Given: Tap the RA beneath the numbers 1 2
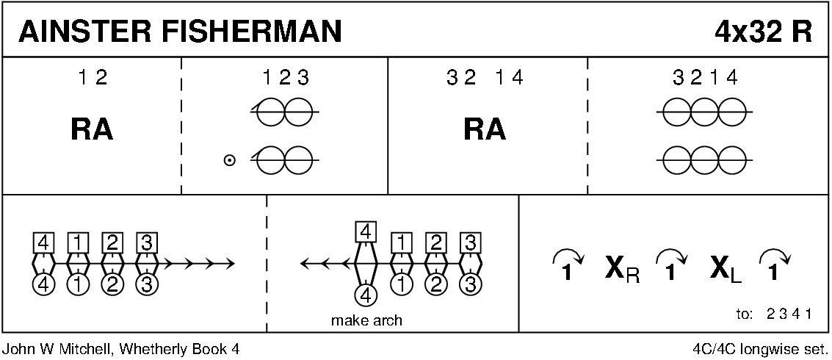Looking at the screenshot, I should tap(92, 129).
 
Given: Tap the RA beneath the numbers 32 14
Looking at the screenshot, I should tap(485, 129).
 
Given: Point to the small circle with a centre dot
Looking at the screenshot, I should tap(230, 159).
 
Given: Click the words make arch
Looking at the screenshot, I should tap(366, 320).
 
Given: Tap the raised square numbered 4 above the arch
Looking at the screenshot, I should tap(365, 232).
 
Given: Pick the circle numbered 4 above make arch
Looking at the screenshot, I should tap(365, 295).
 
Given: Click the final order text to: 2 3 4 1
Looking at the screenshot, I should tap(773, 314).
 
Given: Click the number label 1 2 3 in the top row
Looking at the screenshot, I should tap(285, 76).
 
